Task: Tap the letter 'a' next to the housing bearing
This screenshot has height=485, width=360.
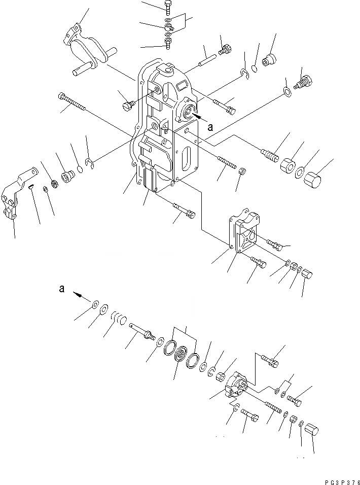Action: pyautogui.click(x=217, y=122)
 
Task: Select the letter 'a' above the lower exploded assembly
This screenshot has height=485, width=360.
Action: pyautogui.click(x=62, y=288)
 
